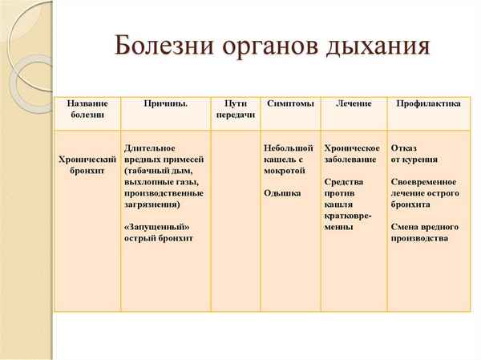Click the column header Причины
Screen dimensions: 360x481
(166, 104)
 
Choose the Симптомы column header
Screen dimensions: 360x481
(289, 104)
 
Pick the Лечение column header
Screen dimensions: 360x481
(354, 104)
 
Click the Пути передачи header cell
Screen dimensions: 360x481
(236, 110)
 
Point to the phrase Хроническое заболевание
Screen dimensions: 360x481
(351, 154)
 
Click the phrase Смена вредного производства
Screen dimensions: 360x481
(425, 232)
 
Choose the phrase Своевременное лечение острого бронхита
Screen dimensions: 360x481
(425, 193)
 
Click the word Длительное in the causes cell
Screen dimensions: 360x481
(150, 148)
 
